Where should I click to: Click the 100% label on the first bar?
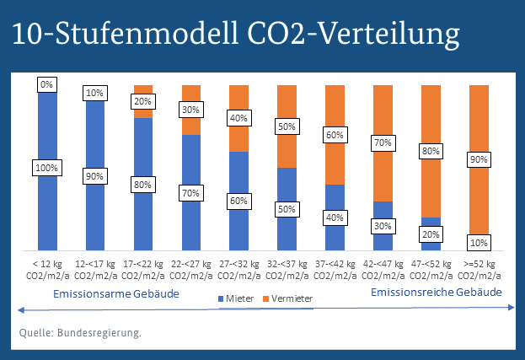(47, 168)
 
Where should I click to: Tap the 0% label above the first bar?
(47, 84)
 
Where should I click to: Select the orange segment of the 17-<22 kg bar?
(143, 89)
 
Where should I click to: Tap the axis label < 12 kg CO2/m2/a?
(47, 269)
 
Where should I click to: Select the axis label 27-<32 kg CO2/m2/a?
(239, 269)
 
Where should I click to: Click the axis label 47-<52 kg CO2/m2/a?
(431, 269)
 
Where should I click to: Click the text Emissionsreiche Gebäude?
(437, 292)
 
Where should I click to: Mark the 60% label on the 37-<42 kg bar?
(335, 134)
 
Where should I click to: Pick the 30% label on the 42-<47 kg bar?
(383, 226)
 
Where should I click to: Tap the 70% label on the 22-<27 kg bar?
(191, 192)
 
